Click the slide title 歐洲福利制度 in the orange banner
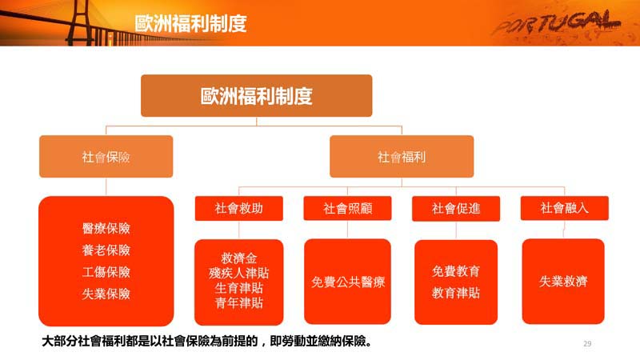(x=190, y=23)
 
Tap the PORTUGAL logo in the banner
(x=556, y=23)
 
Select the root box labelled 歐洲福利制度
(x=256, y=95)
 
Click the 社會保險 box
(x=106, y=156)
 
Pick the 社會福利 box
(x=402, y=156)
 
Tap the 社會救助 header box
(x=238, y=208)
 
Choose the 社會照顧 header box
(x=347, y=208)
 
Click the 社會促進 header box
(x=456, y=209)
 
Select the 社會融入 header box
(x=565, y=208)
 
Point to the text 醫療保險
(x=106, y=228)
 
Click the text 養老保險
(x=106, y=250)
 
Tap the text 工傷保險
(x=106, y=272)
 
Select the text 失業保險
(x=106, y=294)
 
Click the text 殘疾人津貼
(x=238, y=273)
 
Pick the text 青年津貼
(x=238, y=303)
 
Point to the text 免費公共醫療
(x=348, y=282)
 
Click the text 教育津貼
(x=456, y=293)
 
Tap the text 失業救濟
(x=563, y=281)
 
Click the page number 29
(x=587, y=344)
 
